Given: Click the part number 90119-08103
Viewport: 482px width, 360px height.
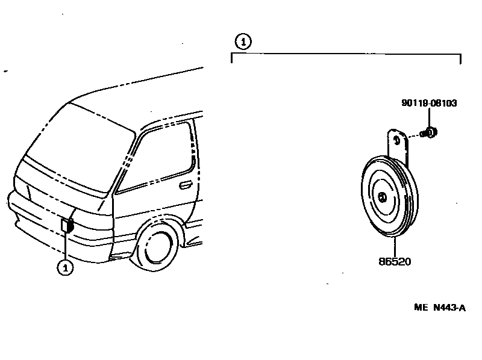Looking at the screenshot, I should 428,104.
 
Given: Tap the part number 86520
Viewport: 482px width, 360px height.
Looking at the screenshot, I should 395,262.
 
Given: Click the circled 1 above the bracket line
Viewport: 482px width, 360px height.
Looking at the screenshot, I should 242,42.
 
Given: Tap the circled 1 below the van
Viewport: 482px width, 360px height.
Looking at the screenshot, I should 65,267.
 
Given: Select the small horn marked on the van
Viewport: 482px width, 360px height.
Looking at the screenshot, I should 66,226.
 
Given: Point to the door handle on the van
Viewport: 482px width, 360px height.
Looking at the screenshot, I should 186,184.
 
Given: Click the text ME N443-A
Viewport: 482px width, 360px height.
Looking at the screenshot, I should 440,308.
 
